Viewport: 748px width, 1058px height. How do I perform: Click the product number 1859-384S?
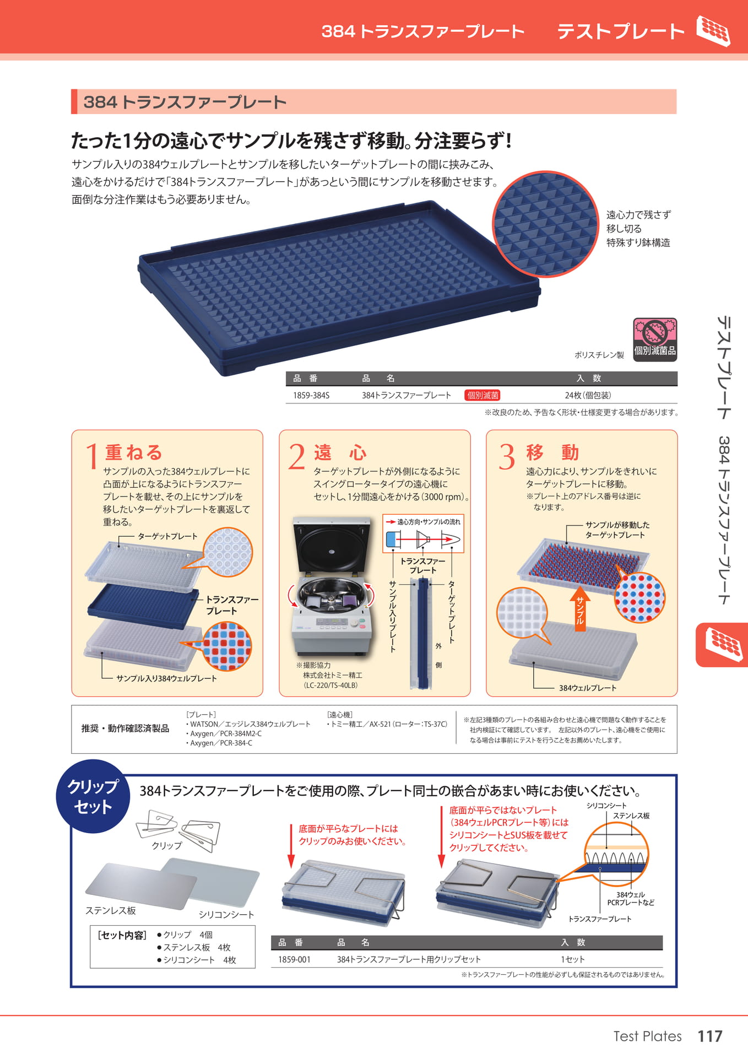(311, 395)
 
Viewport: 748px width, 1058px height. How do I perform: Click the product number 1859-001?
(294, 959)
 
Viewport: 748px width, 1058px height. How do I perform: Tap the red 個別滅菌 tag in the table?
(483, 395)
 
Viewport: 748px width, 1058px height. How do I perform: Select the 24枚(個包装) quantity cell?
(588, 395)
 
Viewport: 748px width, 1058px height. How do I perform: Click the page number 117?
(710, 1037)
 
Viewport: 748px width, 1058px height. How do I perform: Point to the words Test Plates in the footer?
(647, 1037)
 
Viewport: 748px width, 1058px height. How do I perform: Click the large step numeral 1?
(91, 457)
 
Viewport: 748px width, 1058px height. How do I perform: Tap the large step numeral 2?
(297, 457)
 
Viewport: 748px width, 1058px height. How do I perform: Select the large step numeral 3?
(507, 457)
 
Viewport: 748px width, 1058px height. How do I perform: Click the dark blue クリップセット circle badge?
(93, 796)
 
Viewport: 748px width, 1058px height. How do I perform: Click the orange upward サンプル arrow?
(579, 608)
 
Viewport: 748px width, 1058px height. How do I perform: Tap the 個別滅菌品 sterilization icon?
(655, 339)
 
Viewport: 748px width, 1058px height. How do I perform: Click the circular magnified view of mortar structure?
(545, 224)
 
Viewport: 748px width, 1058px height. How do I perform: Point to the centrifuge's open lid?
(332, 546)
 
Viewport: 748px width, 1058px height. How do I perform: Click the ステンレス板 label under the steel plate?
(111, 910)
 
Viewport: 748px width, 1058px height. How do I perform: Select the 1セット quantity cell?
(573, 959)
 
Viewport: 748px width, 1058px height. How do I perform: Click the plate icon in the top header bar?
(713, 31)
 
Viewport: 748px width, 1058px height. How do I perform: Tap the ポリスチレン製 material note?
(599, 355)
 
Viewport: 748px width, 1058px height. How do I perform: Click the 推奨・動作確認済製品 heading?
(125, 728)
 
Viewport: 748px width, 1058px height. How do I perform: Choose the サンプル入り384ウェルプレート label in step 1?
(166, 678)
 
